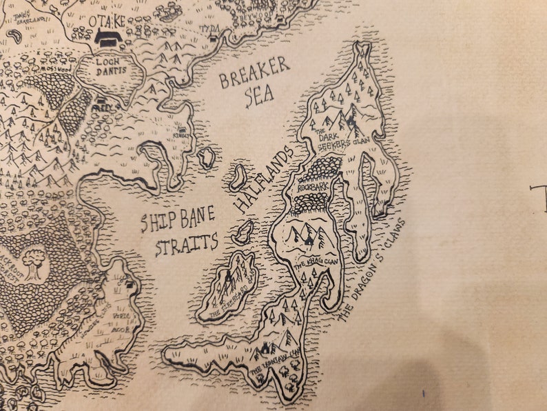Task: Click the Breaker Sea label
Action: coord(254,83)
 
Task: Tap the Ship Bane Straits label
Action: coord(178,233)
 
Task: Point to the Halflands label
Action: coord(263,178)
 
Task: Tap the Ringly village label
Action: coord(184,137)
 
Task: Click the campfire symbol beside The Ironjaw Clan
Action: coord(264,348)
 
